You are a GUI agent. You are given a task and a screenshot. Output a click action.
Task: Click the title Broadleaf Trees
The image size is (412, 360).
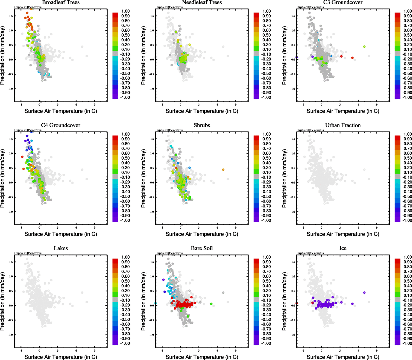click(61, 2)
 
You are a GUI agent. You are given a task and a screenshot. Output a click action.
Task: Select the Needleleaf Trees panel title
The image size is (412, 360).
click(202, 2)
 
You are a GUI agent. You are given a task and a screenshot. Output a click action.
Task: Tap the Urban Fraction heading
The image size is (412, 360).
click(343, 125)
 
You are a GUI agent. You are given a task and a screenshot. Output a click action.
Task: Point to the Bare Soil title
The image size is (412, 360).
click(202, 248)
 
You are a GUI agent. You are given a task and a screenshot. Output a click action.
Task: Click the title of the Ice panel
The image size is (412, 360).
click(343, 248)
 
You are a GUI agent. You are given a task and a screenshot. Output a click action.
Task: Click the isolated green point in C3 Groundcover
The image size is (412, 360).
click(364, 46)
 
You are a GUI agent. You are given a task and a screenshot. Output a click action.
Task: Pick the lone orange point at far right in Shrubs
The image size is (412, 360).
click(223, 169)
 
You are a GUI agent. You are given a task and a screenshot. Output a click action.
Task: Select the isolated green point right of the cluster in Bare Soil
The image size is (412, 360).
click(211, 304)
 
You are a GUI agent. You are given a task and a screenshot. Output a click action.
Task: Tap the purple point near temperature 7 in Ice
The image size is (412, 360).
click(364, 292)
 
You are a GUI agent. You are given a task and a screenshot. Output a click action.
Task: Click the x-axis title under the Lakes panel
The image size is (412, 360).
click(61, 357)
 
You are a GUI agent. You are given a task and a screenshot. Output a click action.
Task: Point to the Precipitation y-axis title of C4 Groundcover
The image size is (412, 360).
click(3, 179)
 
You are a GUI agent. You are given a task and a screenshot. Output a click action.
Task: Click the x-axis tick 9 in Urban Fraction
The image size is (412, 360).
click(377, 228)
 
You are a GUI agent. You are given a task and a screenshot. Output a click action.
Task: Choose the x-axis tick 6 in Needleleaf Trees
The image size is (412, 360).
click(217, 105)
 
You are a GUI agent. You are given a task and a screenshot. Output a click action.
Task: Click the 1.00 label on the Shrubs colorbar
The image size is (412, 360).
click(267, 134)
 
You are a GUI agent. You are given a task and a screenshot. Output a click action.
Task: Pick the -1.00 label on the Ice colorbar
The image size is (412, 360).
click(407, 343)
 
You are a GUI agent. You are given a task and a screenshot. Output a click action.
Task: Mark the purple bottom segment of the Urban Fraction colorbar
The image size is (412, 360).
click(397, 219)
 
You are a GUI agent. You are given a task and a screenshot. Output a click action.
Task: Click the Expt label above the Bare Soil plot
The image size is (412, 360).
click(169, 253)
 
